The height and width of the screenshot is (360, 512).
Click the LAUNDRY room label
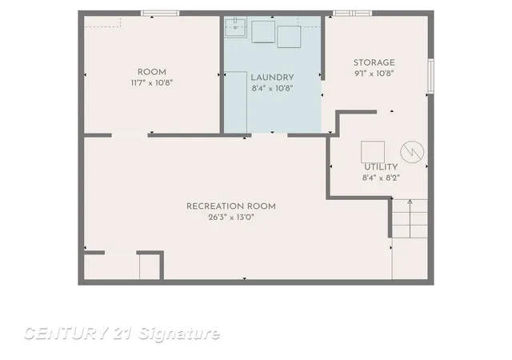pyautogui.click(x=272, y=78)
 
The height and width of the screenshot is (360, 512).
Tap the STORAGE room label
pyautogui.click(x=374, y=62)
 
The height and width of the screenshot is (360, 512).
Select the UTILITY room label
pyautogui.click(x=381, y=167)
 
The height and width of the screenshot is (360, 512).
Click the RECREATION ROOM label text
pyautogui.click(x=231, y=206)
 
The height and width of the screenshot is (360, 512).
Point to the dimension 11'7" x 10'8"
pyautogui.click(x=151, y=83)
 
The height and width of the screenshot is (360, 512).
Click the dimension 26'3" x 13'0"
pyautogui.click(x=231, y=218)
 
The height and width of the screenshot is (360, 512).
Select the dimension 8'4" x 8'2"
pyautogui.click(x=381, y=178)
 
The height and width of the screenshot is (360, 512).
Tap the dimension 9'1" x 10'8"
pyautogui.click(x=374, y=73)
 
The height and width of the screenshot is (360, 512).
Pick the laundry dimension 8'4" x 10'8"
pyautogui.click(x=272, y=88)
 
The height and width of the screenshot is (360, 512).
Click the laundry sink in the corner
pyautogui.click(x=235, y=27)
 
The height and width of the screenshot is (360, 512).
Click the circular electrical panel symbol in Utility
pyautogui.click(x=412, y=152)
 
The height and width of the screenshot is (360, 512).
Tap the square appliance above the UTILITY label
pyautogui.click(x=373, y=151)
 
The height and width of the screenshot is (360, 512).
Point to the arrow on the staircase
pyautogui.click(x=410, y=219)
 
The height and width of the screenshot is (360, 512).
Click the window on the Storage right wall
pyautogui.click(x=431, y=76)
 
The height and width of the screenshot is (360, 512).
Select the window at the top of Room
pyautogui.click(x=160, y=14)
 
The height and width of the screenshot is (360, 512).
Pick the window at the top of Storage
pyautogui.click(x=352, y=14)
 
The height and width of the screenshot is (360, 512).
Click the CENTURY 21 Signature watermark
pyautogui.click(x=122, y=334)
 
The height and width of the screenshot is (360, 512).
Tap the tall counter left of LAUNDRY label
pyautogui.click(x=235, y=102)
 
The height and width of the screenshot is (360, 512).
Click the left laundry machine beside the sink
pyautogui.click(x=263, y=32)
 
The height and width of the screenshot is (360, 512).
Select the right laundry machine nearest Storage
pyautogui.click(x=289, y=37)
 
